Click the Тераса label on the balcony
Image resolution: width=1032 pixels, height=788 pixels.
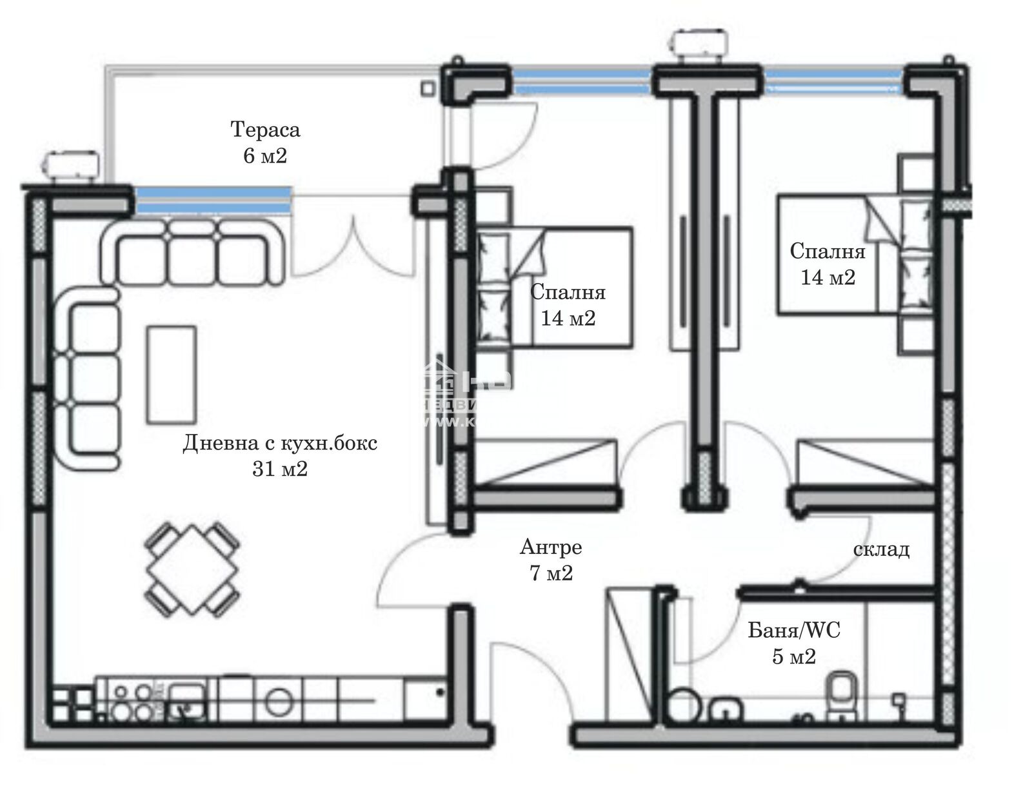(x=265, y=130)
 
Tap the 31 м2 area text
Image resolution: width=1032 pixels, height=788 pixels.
(x=280, y=469)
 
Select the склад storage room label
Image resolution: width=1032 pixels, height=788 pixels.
(x=881, y=549)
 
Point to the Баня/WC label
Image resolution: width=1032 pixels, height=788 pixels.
(x=794, y=630)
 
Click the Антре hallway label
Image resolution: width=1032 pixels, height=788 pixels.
(x=551, y=547)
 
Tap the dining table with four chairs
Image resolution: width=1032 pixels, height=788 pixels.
(x=192, y=569)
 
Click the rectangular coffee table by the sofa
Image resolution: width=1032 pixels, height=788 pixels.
(x=171, y=374)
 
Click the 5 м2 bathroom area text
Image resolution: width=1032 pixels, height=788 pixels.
(x=794, y=656)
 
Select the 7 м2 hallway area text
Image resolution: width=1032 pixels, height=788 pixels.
(x=551, y=573)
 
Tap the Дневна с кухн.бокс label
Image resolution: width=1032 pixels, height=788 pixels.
(x=280, y=443)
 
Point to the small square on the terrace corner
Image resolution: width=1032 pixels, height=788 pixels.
(x=428, y=87)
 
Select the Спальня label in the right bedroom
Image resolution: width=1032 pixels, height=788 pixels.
(x=828, y=251)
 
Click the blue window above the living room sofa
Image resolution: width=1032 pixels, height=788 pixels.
(x=213, y=199)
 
